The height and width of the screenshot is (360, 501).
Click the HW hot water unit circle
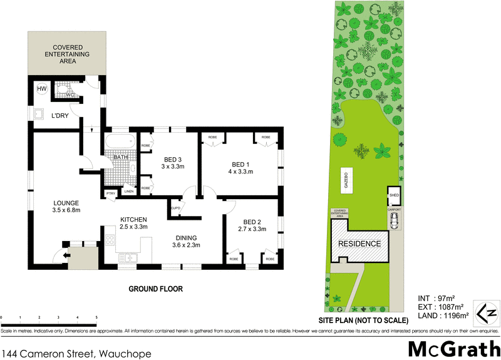(x=42, y=90)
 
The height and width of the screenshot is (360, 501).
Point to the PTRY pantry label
(x=110, y=193)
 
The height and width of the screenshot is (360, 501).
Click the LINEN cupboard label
(x=128, y=191)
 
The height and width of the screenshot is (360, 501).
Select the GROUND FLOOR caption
(x=155, y=289)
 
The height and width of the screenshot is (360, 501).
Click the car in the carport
(x=394, y=220)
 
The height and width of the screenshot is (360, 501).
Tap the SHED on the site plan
(x=394, y=194)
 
